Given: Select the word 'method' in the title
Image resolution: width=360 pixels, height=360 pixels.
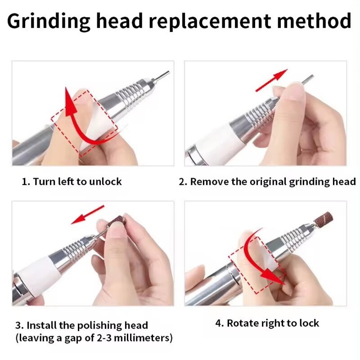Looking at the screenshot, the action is click(x=314, y=21).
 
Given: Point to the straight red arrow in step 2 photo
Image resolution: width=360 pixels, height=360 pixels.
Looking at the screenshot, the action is click(x=271, y=80).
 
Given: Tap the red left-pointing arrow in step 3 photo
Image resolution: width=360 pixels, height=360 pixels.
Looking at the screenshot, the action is click(x=88, y=215).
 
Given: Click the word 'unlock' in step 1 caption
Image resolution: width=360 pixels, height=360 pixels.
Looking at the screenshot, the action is click(x=105, y=182).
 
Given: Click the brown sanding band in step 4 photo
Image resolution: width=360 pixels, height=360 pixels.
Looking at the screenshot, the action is click(x=323, y=220).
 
